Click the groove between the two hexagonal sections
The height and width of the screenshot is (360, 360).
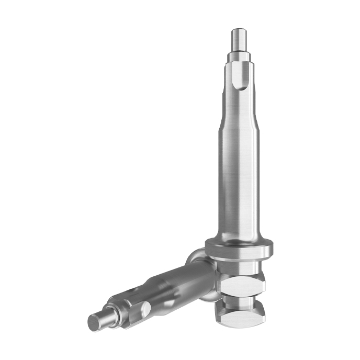[241, 301]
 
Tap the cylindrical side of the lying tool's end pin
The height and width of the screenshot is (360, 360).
[104, 317]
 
